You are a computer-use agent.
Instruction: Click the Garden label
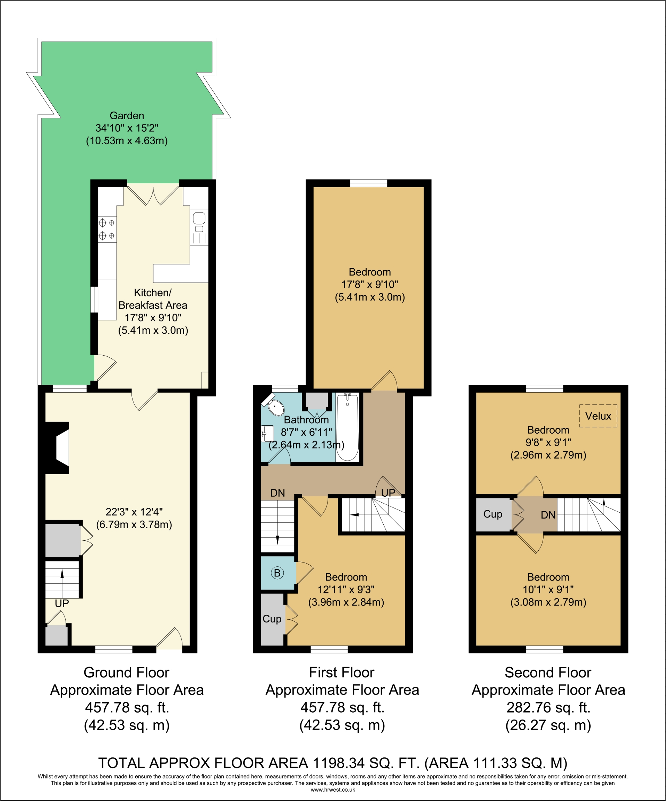point(127,115)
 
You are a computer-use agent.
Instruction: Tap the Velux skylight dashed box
point(598,416)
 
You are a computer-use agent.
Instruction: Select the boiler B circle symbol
point(277,573)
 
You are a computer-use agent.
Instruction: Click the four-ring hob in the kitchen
point(107,229)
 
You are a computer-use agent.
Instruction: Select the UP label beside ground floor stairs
point(62,603)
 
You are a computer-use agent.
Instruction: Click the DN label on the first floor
point(277,493)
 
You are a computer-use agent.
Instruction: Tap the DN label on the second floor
point(548,515)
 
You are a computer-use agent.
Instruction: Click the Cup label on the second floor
point(493,514)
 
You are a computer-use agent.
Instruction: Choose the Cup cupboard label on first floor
point(272,619)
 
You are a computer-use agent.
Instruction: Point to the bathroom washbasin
point(267,434)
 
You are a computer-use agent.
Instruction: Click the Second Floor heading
point(548,672)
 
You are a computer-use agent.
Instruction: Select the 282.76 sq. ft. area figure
point(548,707)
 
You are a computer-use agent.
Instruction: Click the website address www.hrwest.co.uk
point(333,790)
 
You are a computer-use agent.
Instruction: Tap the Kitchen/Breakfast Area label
point(153,299)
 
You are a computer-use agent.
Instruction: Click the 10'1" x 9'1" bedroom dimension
point(548,589)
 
